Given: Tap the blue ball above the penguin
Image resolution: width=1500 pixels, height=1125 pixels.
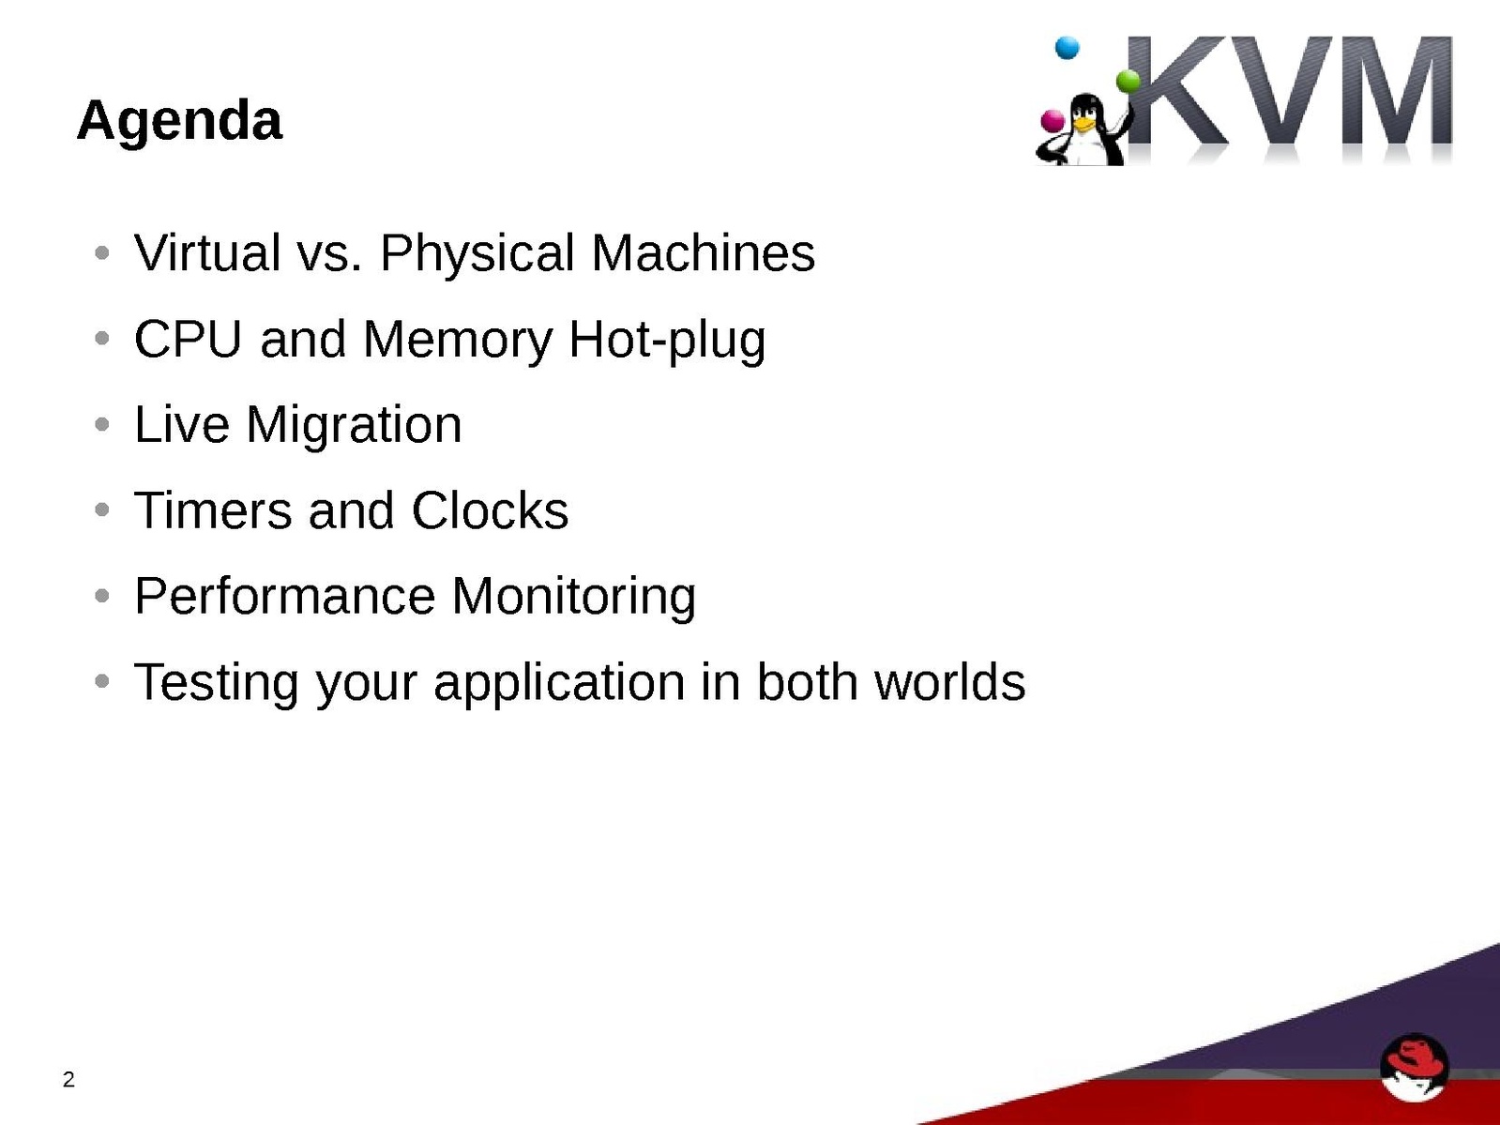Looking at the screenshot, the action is point(1067,48).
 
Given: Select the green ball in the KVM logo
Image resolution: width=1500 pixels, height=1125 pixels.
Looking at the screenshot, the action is point(1128,82).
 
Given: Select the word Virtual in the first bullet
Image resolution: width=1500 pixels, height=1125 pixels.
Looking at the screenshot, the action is point(207,252).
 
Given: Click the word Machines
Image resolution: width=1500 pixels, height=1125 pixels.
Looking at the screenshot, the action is point(703,252).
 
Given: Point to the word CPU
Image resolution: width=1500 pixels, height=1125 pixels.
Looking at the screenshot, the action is point(188,339).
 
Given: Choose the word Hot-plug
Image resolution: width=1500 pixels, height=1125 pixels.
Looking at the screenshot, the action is point(667,340).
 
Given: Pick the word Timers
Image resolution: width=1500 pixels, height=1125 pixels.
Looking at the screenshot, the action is point(213,509).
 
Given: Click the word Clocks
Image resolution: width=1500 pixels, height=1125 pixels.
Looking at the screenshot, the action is point(490,509).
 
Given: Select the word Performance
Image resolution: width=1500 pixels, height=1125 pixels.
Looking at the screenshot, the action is point(284,596).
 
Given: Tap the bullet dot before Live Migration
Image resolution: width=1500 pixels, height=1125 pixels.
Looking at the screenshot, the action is point(102,424).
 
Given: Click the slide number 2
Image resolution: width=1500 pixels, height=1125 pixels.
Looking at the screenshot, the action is point(68,1079).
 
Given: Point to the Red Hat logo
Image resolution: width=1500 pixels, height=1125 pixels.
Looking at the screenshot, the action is point(1414,1067).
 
